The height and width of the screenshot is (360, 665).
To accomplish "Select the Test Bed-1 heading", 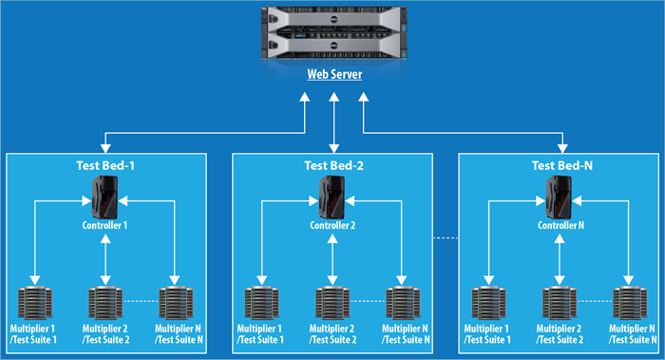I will (x=105, y=165).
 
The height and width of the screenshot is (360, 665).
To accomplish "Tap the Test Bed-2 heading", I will (x=333, y=165).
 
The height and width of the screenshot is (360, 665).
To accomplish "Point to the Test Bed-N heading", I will (x=562, y=165).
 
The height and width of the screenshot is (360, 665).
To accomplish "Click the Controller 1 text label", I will (x=105, y=226).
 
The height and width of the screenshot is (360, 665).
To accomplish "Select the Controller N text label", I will (x=560, y=226).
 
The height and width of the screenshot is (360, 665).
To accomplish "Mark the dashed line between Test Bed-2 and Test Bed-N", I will (x=446, y=237).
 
